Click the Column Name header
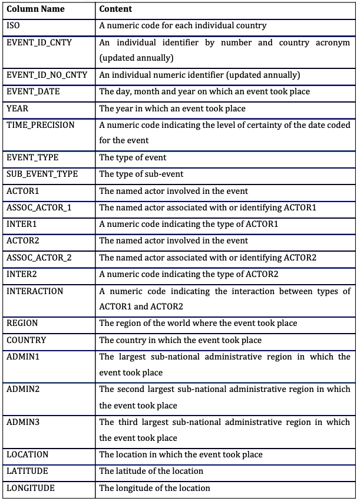pos(35,9)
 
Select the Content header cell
pos(115,9)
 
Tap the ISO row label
pos(13,25)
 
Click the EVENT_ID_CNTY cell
pos(39,42)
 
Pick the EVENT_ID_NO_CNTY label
pos(47,75)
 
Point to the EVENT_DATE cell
pos(33,91)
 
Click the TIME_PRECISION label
pos(41,125)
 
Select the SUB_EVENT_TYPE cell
pos(42,174)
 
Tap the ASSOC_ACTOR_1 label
pos(39,207)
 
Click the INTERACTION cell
pos(35,291)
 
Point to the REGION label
pos(22,323)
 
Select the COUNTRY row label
pos(27,340)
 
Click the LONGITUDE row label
pos(30,487)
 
